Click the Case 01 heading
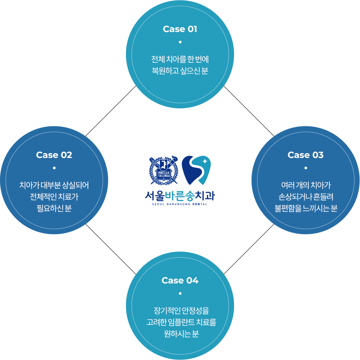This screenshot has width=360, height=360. click(x=180, y=29)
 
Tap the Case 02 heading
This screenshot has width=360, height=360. click(x=54, y=155)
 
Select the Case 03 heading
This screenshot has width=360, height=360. click(x=305, y=155)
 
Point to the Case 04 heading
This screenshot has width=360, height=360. click(x=180, y=280)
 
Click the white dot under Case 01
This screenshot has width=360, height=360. click(x=180, y=42)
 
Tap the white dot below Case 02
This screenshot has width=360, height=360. click(x=54, y=168)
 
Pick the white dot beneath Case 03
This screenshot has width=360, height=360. click(x=306, y=168)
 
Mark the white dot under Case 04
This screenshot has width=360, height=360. click(x=180, y=293)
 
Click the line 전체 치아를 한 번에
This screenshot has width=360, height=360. click(x=180, y=59)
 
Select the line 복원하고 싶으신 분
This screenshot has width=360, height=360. click(x=180, y=70)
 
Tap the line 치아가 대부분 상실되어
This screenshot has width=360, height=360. click(x=54, y=185)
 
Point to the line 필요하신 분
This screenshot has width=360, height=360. click(x=54, y=208)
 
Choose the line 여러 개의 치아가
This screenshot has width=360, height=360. click(x=306, y=185)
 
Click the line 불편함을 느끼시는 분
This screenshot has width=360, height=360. click(x=306, y=208)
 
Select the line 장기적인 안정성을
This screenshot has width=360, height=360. click(x=180, y=310)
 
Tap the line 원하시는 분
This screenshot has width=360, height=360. click(x=180, y=333)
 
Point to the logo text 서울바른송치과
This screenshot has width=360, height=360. click(x=180, y=195)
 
